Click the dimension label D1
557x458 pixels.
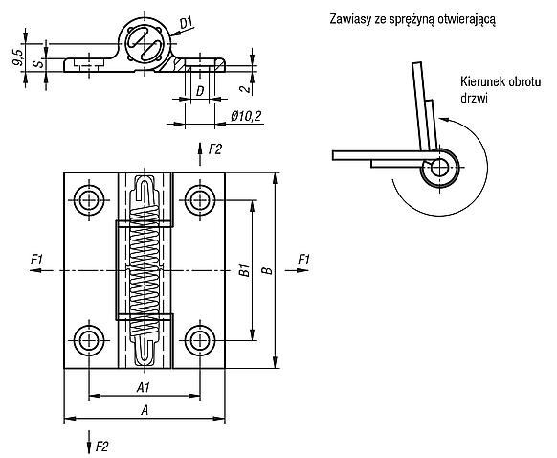186,23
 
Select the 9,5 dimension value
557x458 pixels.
17,57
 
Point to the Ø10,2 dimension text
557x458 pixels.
246,116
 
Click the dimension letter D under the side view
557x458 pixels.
200,91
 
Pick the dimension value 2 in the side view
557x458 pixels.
245,87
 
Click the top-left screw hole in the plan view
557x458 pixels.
89,200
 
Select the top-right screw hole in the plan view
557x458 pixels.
200,200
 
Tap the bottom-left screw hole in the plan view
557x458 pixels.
89,341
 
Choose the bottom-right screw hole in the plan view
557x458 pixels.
200,341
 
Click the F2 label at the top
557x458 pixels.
215,149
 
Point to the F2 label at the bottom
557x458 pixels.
102,446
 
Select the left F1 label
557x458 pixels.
36,260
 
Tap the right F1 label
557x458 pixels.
303,260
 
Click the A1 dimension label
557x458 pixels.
144,388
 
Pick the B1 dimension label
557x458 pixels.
244,270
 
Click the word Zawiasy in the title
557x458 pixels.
349,19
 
